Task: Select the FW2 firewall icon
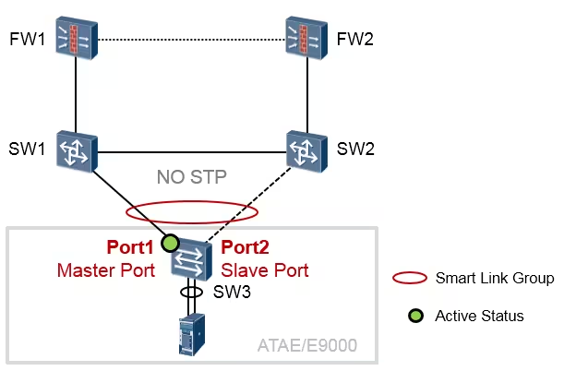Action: [306, 38]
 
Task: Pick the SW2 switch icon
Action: [306, 150]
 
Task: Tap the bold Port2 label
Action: [246, 249]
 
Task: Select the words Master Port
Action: [105, 270]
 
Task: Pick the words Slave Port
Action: [264, 270]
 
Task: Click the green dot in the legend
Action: [414, 316]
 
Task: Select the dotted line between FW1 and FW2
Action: [190, 39]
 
